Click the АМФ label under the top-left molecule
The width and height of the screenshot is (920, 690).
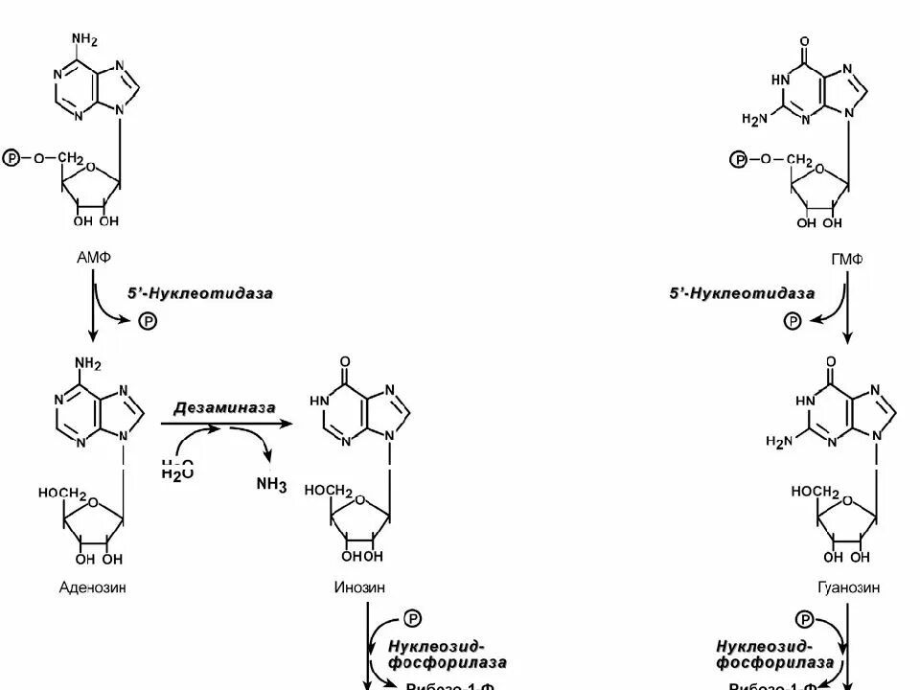pyautogui.click(x=91, y=258)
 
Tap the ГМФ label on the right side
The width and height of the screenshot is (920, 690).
pyautogui.click(x=846, y=258)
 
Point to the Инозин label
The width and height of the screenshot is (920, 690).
pyautogui.click(x=361, y=588)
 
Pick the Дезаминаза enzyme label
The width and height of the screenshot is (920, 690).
pyautogui.click(x=224, y=407)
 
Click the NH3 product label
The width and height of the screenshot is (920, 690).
pyautogui.click(x=270, y=485)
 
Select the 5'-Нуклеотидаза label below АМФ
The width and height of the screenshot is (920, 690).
pyautogui.click(x=199, y=293)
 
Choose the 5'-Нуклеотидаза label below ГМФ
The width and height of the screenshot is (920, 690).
pyautogui.click(x=743, y=293)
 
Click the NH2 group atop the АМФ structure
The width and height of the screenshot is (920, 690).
pyautogui.click(x=85, y=39)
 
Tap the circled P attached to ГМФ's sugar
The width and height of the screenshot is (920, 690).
pyautogui.click(x=738, y=158)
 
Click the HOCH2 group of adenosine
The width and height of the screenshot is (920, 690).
pyautogui.click(x=62, y=493)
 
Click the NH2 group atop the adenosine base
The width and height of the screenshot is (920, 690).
pyautogui.click(x=86, y=363)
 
